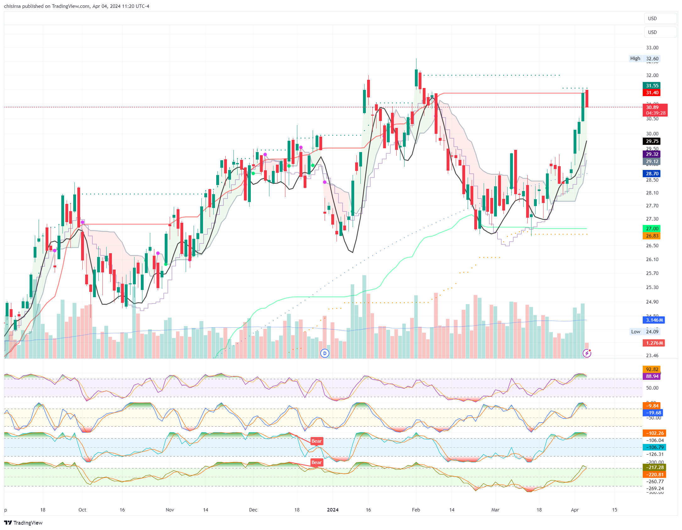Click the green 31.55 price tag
[652, 86]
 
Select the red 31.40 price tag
[652, 93]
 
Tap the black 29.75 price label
[652, 141]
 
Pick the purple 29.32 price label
[652, 154]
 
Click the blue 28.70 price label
[652, 174]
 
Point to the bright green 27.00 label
[652, 229]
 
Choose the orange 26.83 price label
[652, 236]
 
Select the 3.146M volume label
[654, 320]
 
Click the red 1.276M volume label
[654, 343]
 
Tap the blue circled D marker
[325, 353]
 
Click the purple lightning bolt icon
[587, 353]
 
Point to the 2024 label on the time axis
[333, 510]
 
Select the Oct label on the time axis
[82, 510]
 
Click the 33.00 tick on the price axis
[652, 48]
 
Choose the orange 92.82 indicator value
[652, 369]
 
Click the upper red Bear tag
[316, 441]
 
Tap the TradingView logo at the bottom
[24, 523]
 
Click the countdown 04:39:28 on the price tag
[656, 113]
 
